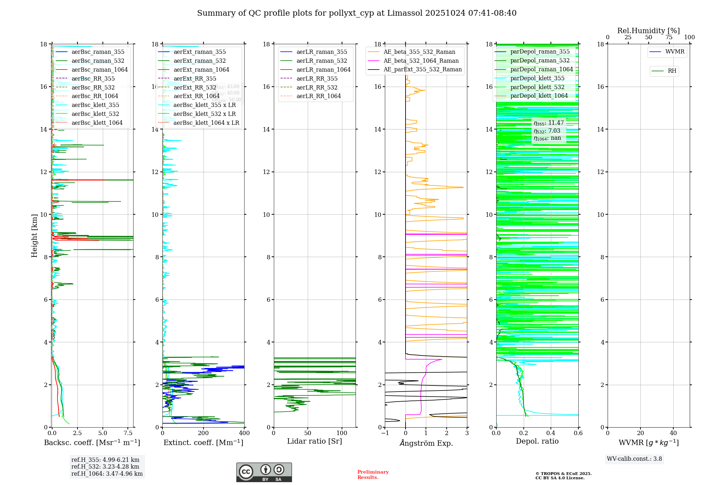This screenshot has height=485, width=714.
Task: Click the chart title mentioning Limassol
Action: pyautogui.click(x=357, y=13)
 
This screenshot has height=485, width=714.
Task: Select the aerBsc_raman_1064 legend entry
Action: pyautogui.click(x=99, y=70)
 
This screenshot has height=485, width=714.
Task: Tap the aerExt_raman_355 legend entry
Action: pyautogui.click(x=200, y=52)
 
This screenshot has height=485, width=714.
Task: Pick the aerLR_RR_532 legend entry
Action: pyautogui.click(x=317, y=87)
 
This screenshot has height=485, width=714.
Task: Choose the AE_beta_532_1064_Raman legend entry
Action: pyautogui.click(x=421, y=61)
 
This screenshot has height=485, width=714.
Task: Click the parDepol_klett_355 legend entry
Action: pyautogui.click(x=537, y=78)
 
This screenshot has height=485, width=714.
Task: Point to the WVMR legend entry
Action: pyautogui.click(x=674, y=52)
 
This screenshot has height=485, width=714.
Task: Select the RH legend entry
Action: pyautogui.click(x=672, y=71)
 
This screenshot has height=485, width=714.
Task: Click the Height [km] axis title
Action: pyautogui.click(x=34, y=235)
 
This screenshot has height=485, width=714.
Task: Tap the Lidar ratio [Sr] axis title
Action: pyautogui.click(x=315, y=441)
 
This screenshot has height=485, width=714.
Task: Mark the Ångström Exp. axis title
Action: pyautogui.click(x=426, y=443)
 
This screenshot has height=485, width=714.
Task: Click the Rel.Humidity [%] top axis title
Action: pyautogui.click(x=648, y=31)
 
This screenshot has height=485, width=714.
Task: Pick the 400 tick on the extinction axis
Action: pyautogui.click(x=244, y=433)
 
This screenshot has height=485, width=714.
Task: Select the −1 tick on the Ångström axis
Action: pyautogui.click(x=385, y=433)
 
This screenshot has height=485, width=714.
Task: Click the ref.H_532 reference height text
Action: pyautogui.click(x=105, y=466)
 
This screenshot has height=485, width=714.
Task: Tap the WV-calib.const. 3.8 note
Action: pyautogui.click(x=634, y=459)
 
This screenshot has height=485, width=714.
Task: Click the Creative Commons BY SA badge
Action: pyautogui.click(x=264, y=473)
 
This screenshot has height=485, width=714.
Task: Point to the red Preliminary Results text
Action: pyautogui.click(x=373, y=475)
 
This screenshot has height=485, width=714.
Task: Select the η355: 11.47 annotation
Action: pyautogui.click(x=549, y=123)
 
